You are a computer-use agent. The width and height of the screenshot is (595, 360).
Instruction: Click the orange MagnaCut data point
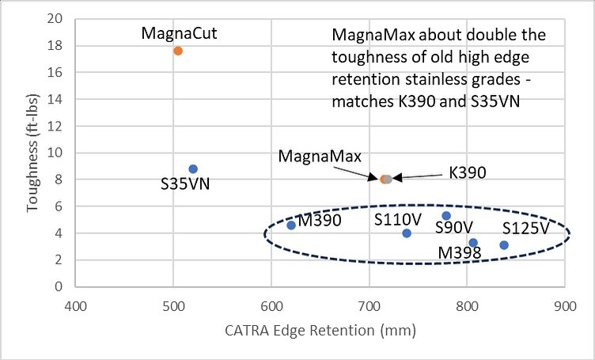coord(178,51)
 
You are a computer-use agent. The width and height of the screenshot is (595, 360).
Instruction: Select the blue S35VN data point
coord(193,169)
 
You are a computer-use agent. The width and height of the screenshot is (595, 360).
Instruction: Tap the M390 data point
coord(291,225)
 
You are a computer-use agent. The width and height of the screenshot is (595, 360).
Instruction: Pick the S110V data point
coord(407,233)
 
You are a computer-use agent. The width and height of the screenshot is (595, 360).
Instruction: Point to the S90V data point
coord(446,216)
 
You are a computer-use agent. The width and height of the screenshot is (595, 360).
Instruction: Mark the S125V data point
coord(504,245)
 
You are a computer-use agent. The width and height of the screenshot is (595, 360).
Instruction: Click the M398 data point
coord(473,243)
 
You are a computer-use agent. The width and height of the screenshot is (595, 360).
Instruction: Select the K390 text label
coord(467,172)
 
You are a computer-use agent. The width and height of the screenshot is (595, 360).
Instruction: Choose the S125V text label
coord(525,228)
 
